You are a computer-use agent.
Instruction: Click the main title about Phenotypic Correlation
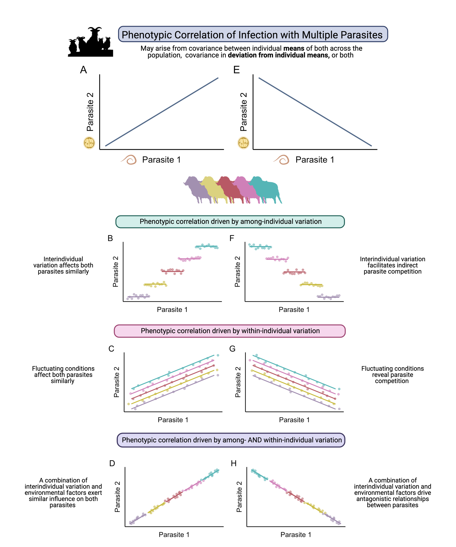point(252,35)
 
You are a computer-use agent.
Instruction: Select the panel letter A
point(83,70)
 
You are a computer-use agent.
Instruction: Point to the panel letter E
point(236,70)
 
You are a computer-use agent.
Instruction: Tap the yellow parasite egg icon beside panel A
point(89,143)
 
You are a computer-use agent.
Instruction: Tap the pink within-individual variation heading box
point(230,331)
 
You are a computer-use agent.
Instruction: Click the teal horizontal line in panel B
point(206,246)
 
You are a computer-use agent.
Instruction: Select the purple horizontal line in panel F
point(328,296)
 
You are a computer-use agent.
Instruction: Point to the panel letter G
point(232,348)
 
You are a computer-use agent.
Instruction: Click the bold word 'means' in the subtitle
point(294,49)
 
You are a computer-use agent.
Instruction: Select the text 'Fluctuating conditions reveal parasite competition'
point(392,375)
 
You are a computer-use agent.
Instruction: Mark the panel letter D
point(112,463)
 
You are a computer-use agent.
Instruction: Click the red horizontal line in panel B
point(173,271)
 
